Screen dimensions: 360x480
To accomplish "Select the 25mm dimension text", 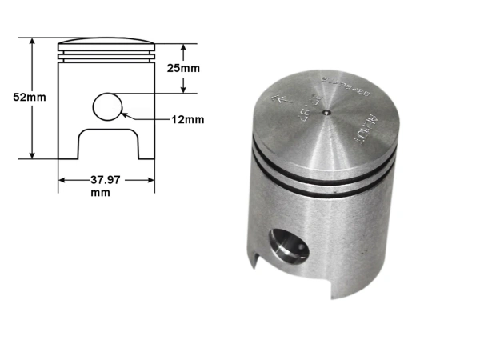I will [185, 68].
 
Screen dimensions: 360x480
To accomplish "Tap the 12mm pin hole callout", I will [188, 120].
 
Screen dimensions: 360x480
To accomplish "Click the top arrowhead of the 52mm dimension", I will [32, 40].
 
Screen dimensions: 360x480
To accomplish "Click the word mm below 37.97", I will [101, 193].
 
